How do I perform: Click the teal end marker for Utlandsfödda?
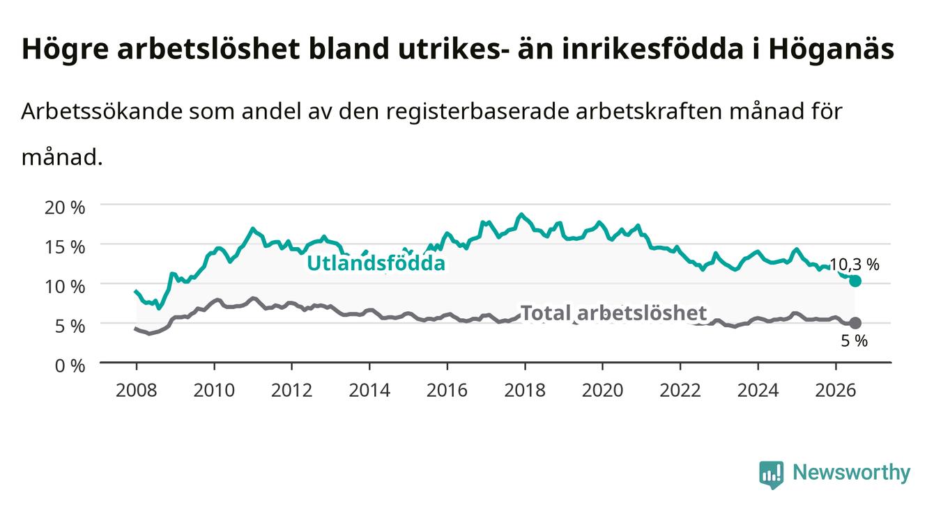(855, 281)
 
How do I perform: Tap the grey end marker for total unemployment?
(855, 323)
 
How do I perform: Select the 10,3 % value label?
(855, 265)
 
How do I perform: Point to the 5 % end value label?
(855, 340)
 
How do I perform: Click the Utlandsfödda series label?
(376, 263)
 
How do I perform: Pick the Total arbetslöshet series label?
(614, 313)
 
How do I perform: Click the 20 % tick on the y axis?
(65, 207)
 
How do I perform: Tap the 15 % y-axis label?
(65, 247)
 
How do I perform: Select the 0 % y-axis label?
(70, 365)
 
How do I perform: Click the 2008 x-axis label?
(137, 391)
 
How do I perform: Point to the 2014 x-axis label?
(369, 391)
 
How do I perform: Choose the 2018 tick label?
(525, 391)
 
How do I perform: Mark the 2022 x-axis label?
(680, 391)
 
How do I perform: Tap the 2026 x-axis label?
(836, 391)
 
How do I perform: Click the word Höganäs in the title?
(832, 49)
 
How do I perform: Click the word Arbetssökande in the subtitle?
(102, 111)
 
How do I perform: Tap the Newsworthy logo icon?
(772, 474)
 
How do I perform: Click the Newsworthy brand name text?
(852, 473)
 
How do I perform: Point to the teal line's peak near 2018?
(521, 214)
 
